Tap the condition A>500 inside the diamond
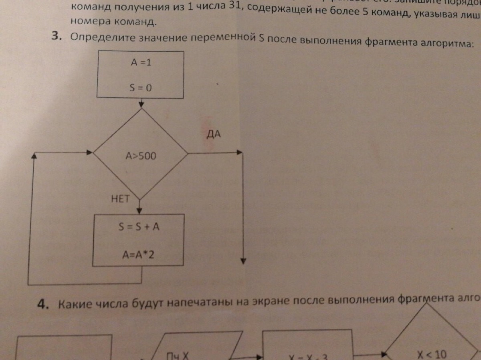pos(140,156)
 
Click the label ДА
pos(214,134)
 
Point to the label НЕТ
pos(120,198)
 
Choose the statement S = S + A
pos(139,227)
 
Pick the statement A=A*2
pos(139,254)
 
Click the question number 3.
pos(57,36)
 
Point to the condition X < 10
pos(431,354)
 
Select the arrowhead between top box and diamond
pos(141,105)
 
